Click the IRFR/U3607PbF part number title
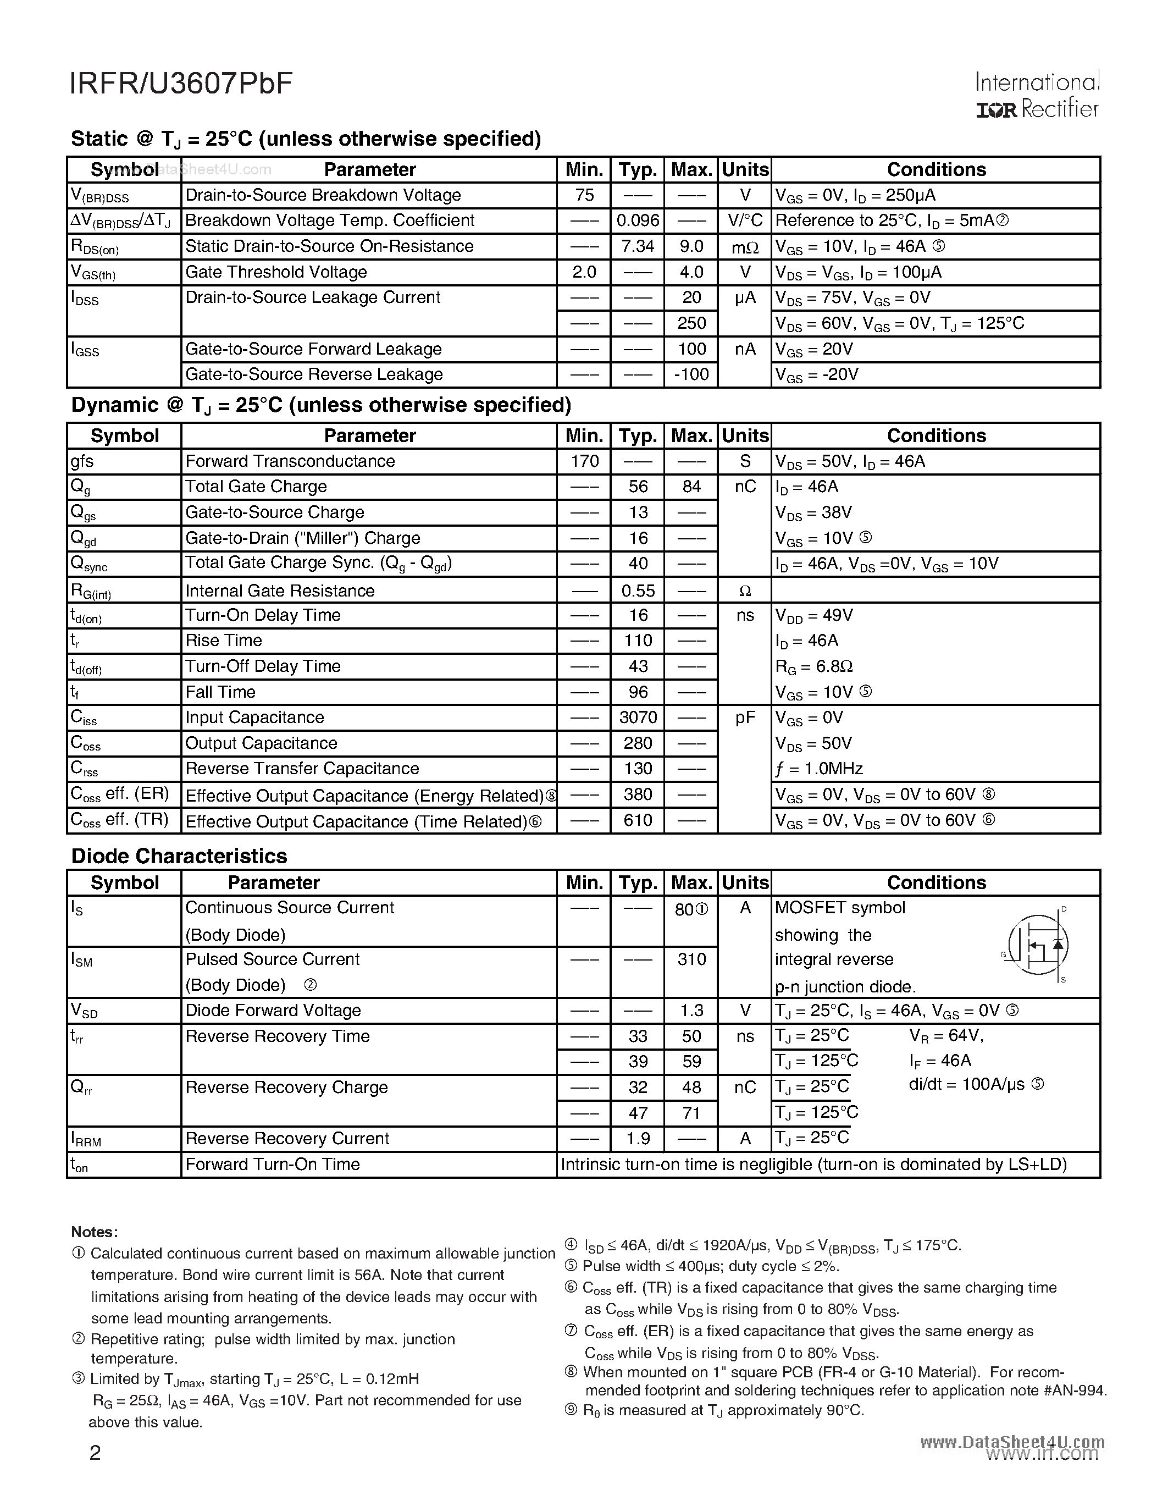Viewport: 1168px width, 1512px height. point(181,83)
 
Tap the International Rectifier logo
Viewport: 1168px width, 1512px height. point(1037,96)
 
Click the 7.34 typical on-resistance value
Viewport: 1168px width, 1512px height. point(637,246)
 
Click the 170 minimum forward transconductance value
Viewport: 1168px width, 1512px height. point(584,461)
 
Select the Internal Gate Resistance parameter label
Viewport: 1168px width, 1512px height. point(280,591)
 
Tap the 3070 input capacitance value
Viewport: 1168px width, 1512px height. point(637,717)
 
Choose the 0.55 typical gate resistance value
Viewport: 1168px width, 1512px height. point(637,591)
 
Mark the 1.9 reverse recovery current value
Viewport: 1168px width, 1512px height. point(637,1139)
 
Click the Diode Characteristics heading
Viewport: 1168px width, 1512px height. point(179,857)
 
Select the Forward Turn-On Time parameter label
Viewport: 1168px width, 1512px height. point(273,1165)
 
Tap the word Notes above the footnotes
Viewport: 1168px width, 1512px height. point(94,1232)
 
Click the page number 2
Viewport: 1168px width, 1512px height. point(96,1452)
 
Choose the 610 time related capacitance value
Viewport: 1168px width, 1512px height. point(637,820)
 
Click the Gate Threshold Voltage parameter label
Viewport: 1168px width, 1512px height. point(276,272)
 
